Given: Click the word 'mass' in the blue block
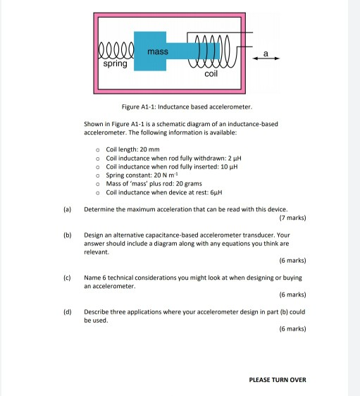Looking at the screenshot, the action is [x=159, y=51].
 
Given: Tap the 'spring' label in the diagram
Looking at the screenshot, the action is [x=116, y=64].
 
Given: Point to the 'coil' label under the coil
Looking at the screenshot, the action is [x=211, y=73].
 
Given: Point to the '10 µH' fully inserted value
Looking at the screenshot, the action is [x=230, y=166].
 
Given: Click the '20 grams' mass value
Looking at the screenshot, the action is [x=185, y=183].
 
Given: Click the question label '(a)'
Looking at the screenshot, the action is [x=66, y=209].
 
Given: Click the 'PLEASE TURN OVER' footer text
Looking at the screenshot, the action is [x=278, y=380].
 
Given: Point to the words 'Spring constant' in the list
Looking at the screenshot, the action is [x=128, y=175].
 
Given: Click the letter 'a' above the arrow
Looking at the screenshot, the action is [x=266, y=52].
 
